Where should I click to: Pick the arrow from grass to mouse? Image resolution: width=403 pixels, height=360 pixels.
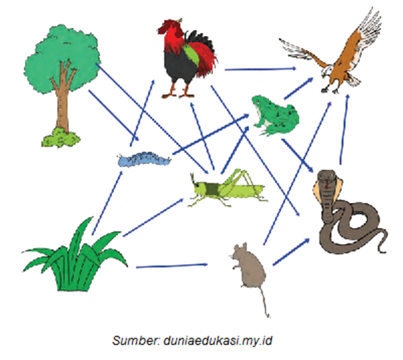point(171,265)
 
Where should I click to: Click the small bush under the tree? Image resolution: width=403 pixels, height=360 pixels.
point(61,137)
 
